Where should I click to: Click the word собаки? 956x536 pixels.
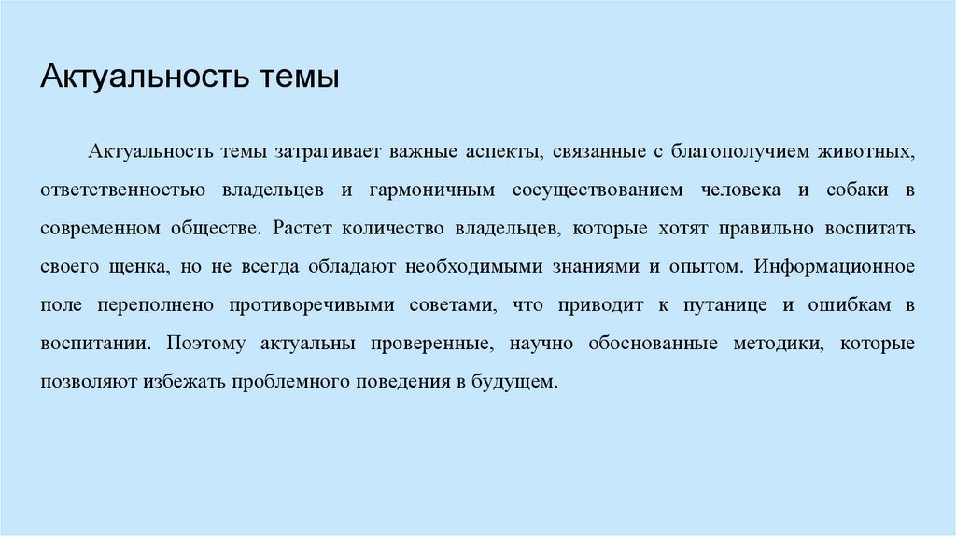click(x=849, y=190)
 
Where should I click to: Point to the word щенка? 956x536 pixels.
click(x=143, y=266)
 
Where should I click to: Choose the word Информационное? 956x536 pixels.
click(x=835, y=266)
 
